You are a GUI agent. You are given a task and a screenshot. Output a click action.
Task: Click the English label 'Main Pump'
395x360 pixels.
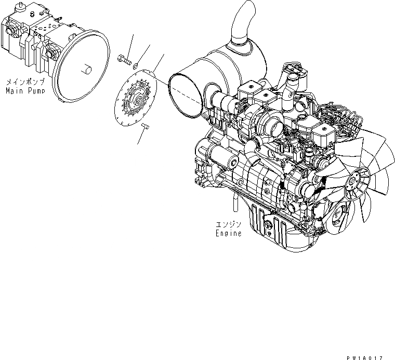click(x=25, y=91)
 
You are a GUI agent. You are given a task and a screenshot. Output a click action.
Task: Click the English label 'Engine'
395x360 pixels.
click(x=229, y=234)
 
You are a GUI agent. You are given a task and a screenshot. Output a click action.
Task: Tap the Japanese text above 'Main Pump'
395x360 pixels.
click(x=25, y=83)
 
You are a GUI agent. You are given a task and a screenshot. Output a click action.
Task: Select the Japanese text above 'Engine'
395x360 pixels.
click(x=229, y=225)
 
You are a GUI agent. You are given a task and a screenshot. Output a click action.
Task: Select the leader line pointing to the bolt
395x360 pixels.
click(x=130, y=44)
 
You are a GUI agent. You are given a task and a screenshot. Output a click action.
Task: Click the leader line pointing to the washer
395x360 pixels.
click(x=143, y=55)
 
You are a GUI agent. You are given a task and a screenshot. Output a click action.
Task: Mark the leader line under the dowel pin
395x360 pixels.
click(x=141, y=136)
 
